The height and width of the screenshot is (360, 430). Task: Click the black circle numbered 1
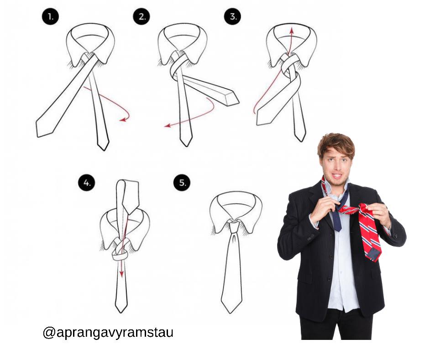coord(51,17)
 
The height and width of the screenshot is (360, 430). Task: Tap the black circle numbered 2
coord(142,17)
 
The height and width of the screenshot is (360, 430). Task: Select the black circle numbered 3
coord(232,17)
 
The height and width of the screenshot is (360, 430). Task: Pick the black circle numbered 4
coord(87,183)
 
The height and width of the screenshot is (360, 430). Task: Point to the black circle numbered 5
coord(182,183)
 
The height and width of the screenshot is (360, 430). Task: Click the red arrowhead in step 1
coord(123,120)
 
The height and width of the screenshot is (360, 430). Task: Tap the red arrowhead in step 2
coord(167,125)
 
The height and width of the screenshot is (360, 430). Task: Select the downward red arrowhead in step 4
coord(121,274)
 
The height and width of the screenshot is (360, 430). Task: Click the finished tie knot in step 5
coord(234,227)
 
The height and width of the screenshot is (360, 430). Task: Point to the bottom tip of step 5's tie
coord(231,313)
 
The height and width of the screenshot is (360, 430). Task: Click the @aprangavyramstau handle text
coord(108,333)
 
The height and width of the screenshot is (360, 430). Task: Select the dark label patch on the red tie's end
coord(374,254)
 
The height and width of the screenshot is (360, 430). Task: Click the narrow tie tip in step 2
coord(186,142)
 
